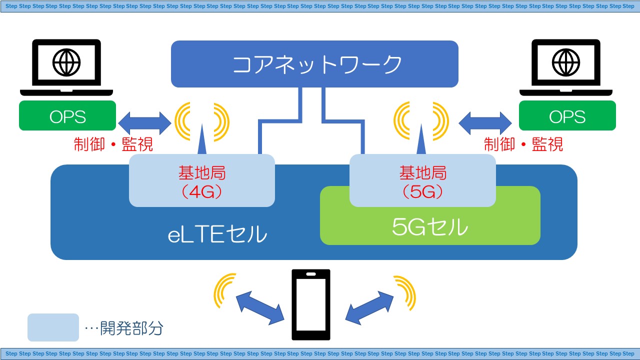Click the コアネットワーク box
[314, 64]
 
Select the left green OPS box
[67, 116]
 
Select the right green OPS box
[567, 116]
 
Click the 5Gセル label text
[430, 227]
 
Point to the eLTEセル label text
[217, 234]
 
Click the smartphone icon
[311, 304]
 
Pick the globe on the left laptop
[66, 62]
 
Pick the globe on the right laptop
[566, 62]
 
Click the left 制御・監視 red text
[113, 144]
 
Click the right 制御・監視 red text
[523, 144]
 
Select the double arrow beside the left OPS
[144, 122]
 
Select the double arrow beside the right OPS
[485, 122]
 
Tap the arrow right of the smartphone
[370, 306]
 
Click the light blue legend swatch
[53, 327]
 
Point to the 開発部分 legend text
[131, 328]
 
